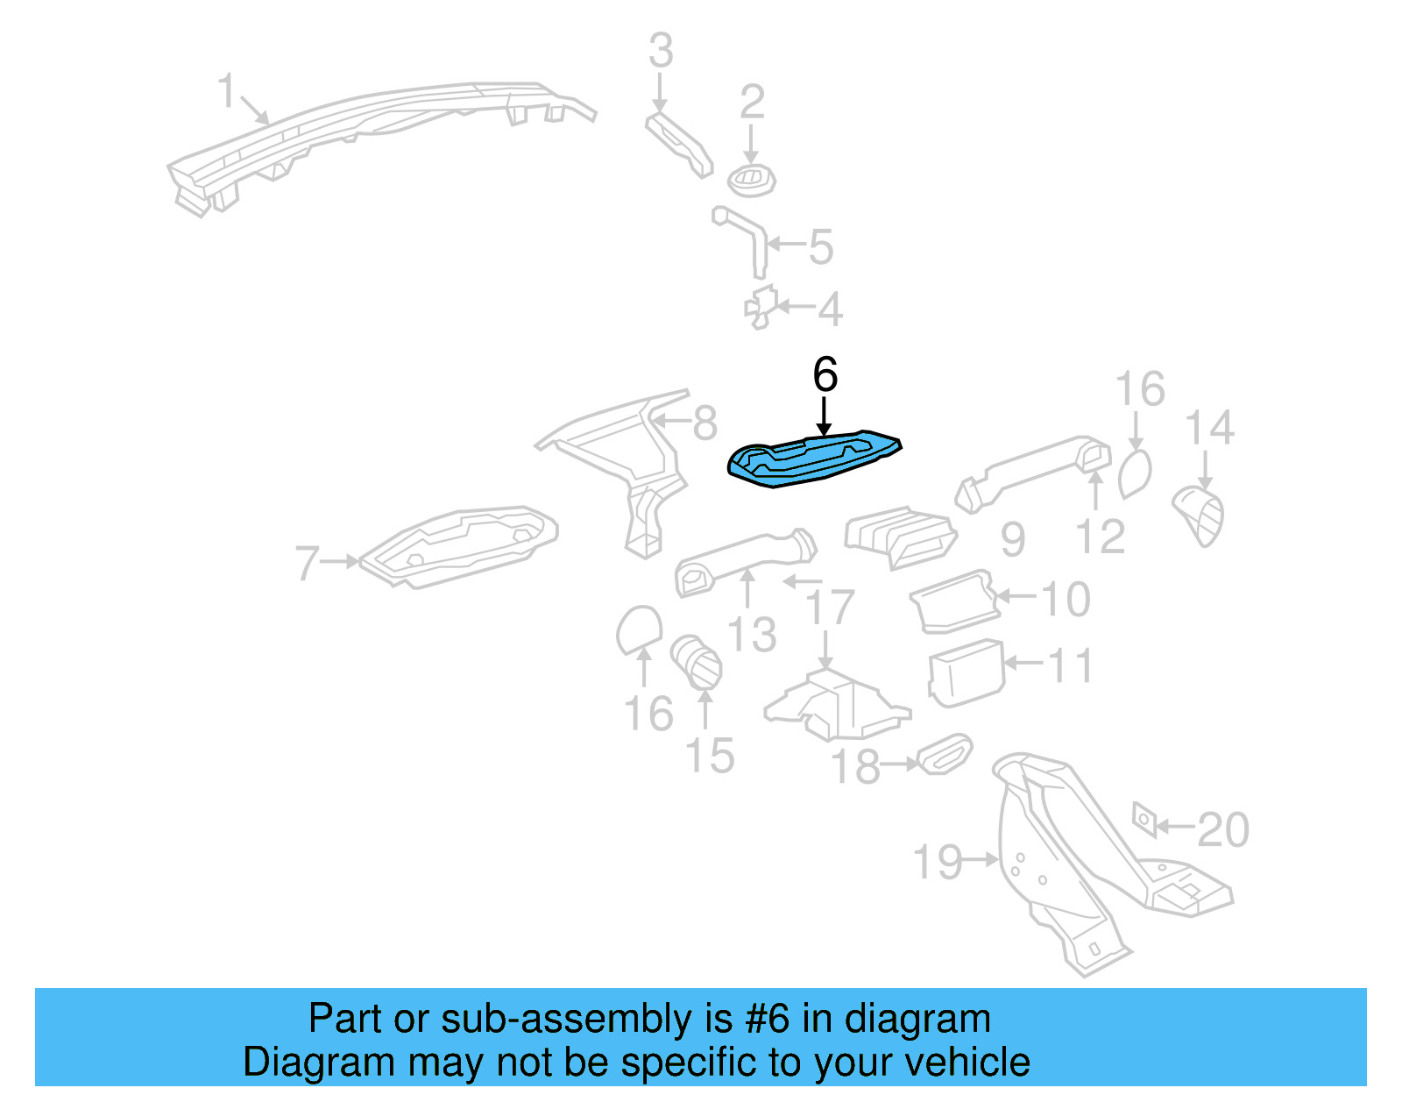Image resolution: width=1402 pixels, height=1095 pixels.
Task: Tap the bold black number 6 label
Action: click(x=825, y=375)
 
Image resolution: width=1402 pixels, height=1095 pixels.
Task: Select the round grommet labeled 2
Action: click(x=751, y=181)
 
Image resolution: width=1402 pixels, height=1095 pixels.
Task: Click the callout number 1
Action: click(x=227, y=91)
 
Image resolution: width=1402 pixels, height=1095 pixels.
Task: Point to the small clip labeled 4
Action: click(x=761, y=307)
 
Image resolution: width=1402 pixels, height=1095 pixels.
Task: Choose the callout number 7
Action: click(x=307, y=563)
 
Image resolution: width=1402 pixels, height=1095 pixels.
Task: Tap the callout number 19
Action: click(x=938, y=863)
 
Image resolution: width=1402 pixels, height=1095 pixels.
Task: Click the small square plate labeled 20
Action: click(x=1144, y=819)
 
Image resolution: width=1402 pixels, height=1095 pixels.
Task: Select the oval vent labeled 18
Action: click(x=944, y=755)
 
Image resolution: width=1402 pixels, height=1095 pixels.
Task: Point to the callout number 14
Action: click(x=1209, y=429)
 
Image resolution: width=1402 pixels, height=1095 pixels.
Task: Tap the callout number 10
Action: click(x=1065, y=601)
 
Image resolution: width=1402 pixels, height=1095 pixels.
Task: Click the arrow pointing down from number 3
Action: click(x=660, y=93)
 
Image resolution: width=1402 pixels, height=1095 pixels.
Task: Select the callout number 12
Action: click(x=1101, y=537)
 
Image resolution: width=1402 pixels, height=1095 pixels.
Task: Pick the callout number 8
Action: click(x=705, y=424)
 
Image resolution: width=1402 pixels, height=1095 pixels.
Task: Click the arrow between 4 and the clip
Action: click(x=796, y=307)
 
